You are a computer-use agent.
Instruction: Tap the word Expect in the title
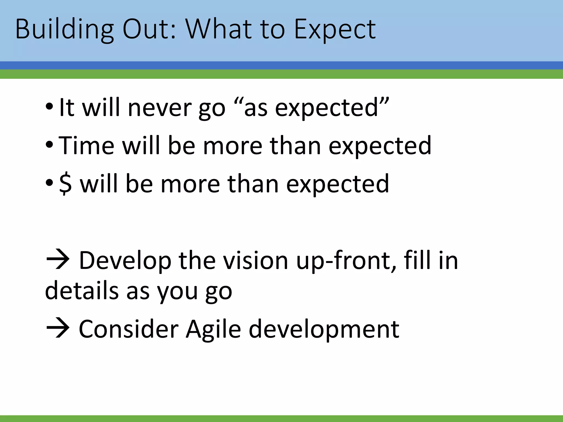(x=335, y=30)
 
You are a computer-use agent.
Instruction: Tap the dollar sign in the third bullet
(x=65, y=184)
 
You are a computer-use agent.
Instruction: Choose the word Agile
(x=213, y=329)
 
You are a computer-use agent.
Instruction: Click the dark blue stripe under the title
(x=281, y=65)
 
